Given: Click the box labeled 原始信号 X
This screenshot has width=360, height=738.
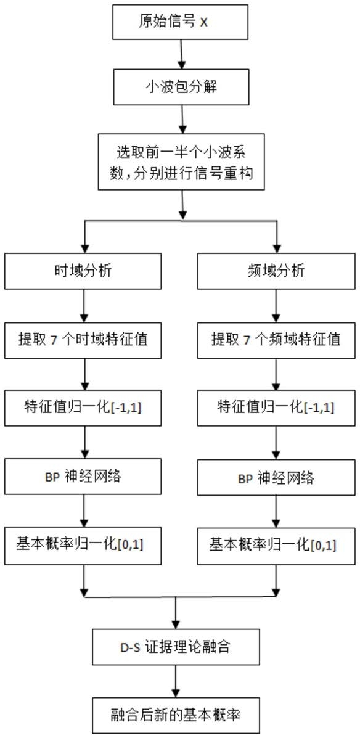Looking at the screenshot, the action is coord(181,22).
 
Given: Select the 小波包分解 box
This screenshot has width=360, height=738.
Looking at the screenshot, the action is coord(181,86).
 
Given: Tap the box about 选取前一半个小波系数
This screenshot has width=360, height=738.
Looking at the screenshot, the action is coord(181,163).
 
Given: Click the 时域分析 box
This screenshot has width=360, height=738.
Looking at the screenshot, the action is coord(84,271).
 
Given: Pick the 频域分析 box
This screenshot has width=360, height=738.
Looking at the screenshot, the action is coord(276,271).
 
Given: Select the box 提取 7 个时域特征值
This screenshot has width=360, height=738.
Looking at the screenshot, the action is coord(84,340).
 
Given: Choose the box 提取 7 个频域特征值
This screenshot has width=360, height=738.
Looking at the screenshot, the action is coord(276,340).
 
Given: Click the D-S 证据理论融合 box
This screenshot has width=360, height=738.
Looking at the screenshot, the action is coord(176,647).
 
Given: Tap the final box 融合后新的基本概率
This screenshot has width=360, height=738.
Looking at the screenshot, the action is coord(176,715).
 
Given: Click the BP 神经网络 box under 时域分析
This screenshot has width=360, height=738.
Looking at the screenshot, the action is coord(84,477).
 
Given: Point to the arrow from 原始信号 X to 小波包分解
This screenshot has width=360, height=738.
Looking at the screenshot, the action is coord(181,55).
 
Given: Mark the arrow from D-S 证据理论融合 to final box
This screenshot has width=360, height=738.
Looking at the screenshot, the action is coord(176,681).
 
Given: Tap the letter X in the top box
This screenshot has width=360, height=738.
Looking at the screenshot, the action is coord(204,23).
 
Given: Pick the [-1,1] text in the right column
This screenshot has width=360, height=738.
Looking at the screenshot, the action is coord(318,408).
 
